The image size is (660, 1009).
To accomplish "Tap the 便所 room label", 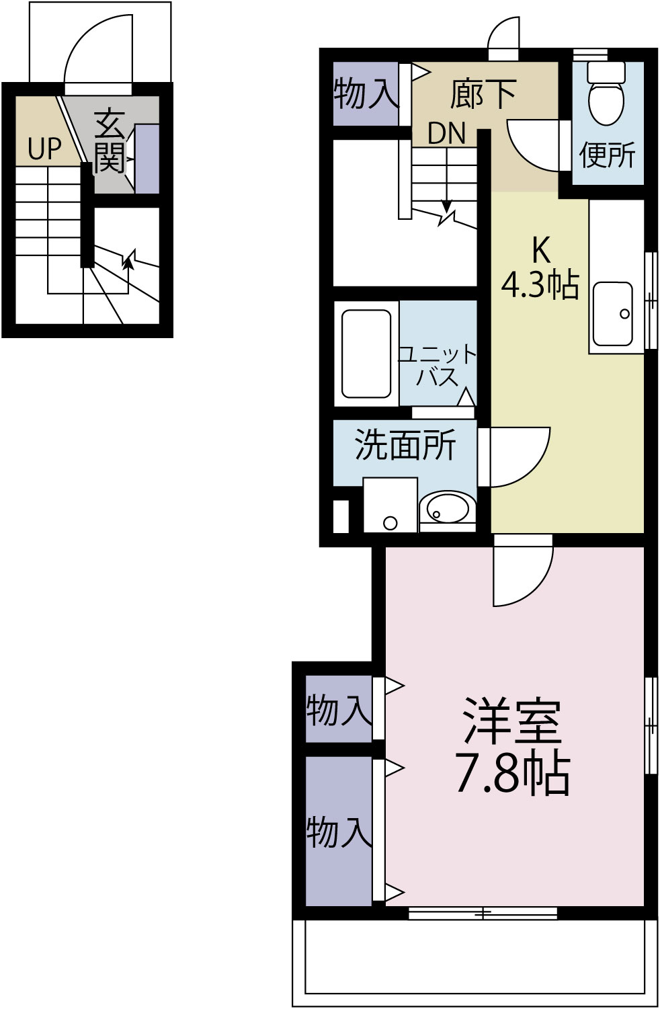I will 607,155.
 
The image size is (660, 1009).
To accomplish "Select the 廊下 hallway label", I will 483,93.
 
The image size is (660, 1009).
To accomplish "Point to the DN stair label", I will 447,134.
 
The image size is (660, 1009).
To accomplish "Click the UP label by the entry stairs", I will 45,149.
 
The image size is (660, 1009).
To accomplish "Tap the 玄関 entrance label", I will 110,141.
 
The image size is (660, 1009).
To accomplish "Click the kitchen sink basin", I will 612,313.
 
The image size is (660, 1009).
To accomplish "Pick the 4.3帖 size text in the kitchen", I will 540,284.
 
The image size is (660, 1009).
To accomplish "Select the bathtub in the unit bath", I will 366,354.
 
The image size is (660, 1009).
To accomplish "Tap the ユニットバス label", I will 438,364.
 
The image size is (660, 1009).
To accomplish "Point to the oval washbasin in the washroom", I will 446,508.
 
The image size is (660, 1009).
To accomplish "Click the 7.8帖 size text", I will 513,773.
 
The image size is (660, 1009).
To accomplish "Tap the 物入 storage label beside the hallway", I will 366,93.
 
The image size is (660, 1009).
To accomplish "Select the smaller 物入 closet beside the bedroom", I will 339,709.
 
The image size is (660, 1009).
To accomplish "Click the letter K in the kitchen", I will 540,250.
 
